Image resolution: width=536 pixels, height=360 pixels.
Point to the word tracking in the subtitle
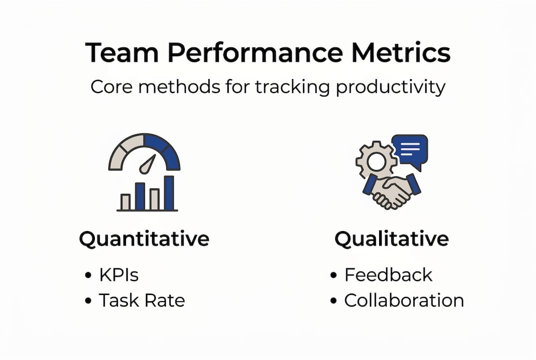point(287,87)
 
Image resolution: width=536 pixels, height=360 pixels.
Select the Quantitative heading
point(144,239)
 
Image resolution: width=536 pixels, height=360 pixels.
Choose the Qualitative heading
point(392,239)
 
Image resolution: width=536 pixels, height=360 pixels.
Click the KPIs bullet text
point(118,275)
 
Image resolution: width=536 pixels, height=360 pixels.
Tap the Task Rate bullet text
point(141,300)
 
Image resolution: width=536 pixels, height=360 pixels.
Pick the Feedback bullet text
point(388,275)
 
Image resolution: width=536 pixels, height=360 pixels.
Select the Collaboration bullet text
point(404,300)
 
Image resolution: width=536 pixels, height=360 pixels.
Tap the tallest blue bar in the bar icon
point(169,193)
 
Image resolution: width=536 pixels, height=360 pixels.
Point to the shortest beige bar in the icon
point(125,202)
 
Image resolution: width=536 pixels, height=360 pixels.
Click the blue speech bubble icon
point(410,148)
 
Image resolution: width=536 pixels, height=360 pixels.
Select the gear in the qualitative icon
point(375,161)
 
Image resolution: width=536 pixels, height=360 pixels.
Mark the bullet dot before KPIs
point(88,275)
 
